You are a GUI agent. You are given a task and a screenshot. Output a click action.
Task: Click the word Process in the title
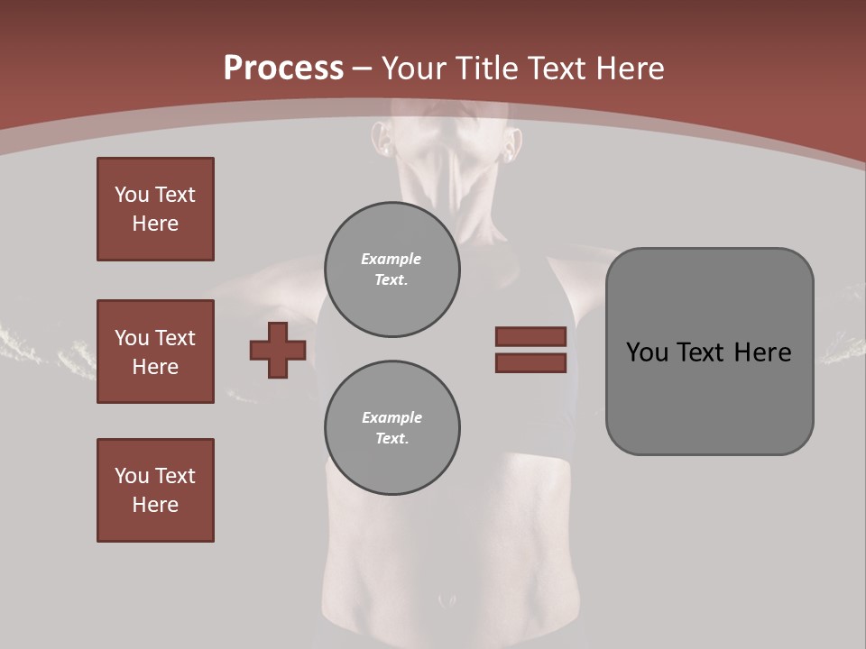pyautogui.click(x=283, y=69)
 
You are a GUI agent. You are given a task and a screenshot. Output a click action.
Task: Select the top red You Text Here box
pyautogui.click(x=155, y=209)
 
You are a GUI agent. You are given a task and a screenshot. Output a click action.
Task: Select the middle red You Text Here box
pyautogui.click(x=155, y=352)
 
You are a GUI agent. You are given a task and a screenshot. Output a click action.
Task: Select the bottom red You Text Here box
pyautogui.click(x=155, y=489)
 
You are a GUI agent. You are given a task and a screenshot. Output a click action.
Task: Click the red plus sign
pyautogui.click(x=278, y=350)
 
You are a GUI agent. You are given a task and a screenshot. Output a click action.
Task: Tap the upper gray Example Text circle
pyautogui.click(x=392, y=270)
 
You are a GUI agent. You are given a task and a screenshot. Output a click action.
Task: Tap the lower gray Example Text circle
pyautogui.click(x=392, y=427)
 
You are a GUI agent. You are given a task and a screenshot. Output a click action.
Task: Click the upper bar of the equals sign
pyautogui.click(x=530, y=336)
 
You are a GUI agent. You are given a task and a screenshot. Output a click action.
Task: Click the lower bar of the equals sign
pyautogui.click(x=530, y=362)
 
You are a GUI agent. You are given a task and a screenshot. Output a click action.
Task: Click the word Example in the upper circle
pyautogui.click(x=391, y=259)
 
